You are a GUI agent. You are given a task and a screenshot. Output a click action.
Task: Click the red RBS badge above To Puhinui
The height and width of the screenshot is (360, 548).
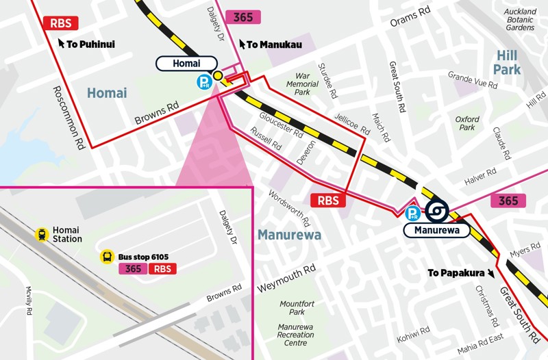(x=60, y=23)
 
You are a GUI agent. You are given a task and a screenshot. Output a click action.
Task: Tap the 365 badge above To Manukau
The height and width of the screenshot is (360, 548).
(x=242, y=18)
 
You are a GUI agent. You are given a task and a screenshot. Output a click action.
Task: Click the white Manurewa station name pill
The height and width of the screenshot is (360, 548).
(x=436, y=230)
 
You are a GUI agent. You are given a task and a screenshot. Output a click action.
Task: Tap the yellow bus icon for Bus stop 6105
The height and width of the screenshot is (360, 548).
(x=108, y=257)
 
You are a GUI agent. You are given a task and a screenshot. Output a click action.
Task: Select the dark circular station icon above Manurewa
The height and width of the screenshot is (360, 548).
(x=436, y=211)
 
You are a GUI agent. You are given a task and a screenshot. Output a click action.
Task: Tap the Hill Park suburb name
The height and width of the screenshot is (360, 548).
(x=506, y=62)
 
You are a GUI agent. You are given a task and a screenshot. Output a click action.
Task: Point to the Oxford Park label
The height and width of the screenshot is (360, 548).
(x=467, y=123)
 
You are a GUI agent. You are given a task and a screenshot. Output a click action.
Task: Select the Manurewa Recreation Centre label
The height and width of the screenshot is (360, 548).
(x=296, y=335)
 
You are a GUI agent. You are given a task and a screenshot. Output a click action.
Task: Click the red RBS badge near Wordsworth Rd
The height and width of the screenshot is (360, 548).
(x=329, y=201)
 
